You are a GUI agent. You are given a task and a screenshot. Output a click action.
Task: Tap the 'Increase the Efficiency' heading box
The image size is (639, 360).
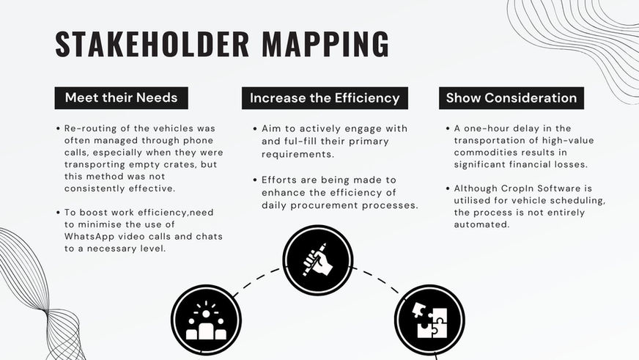[x=325, y=98]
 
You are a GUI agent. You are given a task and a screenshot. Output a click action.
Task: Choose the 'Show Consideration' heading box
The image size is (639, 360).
[x=511, y=98]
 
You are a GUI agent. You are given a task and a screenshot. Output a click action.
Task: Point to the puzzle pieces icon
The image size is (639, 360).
[x=429, y=320]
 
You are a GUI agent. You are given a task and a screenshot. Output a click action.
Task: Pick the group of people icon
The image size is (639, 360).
[x=206, y=320]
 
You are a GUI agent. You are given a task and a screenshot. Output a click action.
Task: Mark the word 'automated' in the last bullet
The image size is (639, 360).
[x=480, y=224]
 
